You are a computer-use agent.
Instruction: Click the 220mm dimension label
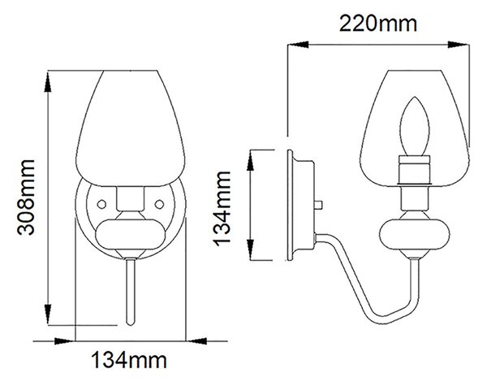point(378,24)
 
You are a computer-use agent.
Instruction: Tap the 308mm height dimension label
point(26,198)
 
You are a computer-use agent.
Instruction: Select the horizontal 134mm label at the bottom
point(128,360)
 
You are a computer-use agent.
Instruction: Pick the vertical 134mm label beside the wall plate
point(222,208)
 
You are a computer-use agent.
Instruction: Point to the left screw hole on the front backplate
point(101,204)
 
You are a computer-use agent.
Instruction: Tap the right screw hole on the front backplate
point(159,204)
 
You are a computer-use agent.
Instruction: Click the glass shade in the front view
point(131,128)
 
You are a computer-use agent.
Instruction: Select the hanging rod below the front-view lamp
point(131,292)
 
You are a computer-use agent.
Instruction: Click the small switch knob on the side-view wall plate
point(318,205)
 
